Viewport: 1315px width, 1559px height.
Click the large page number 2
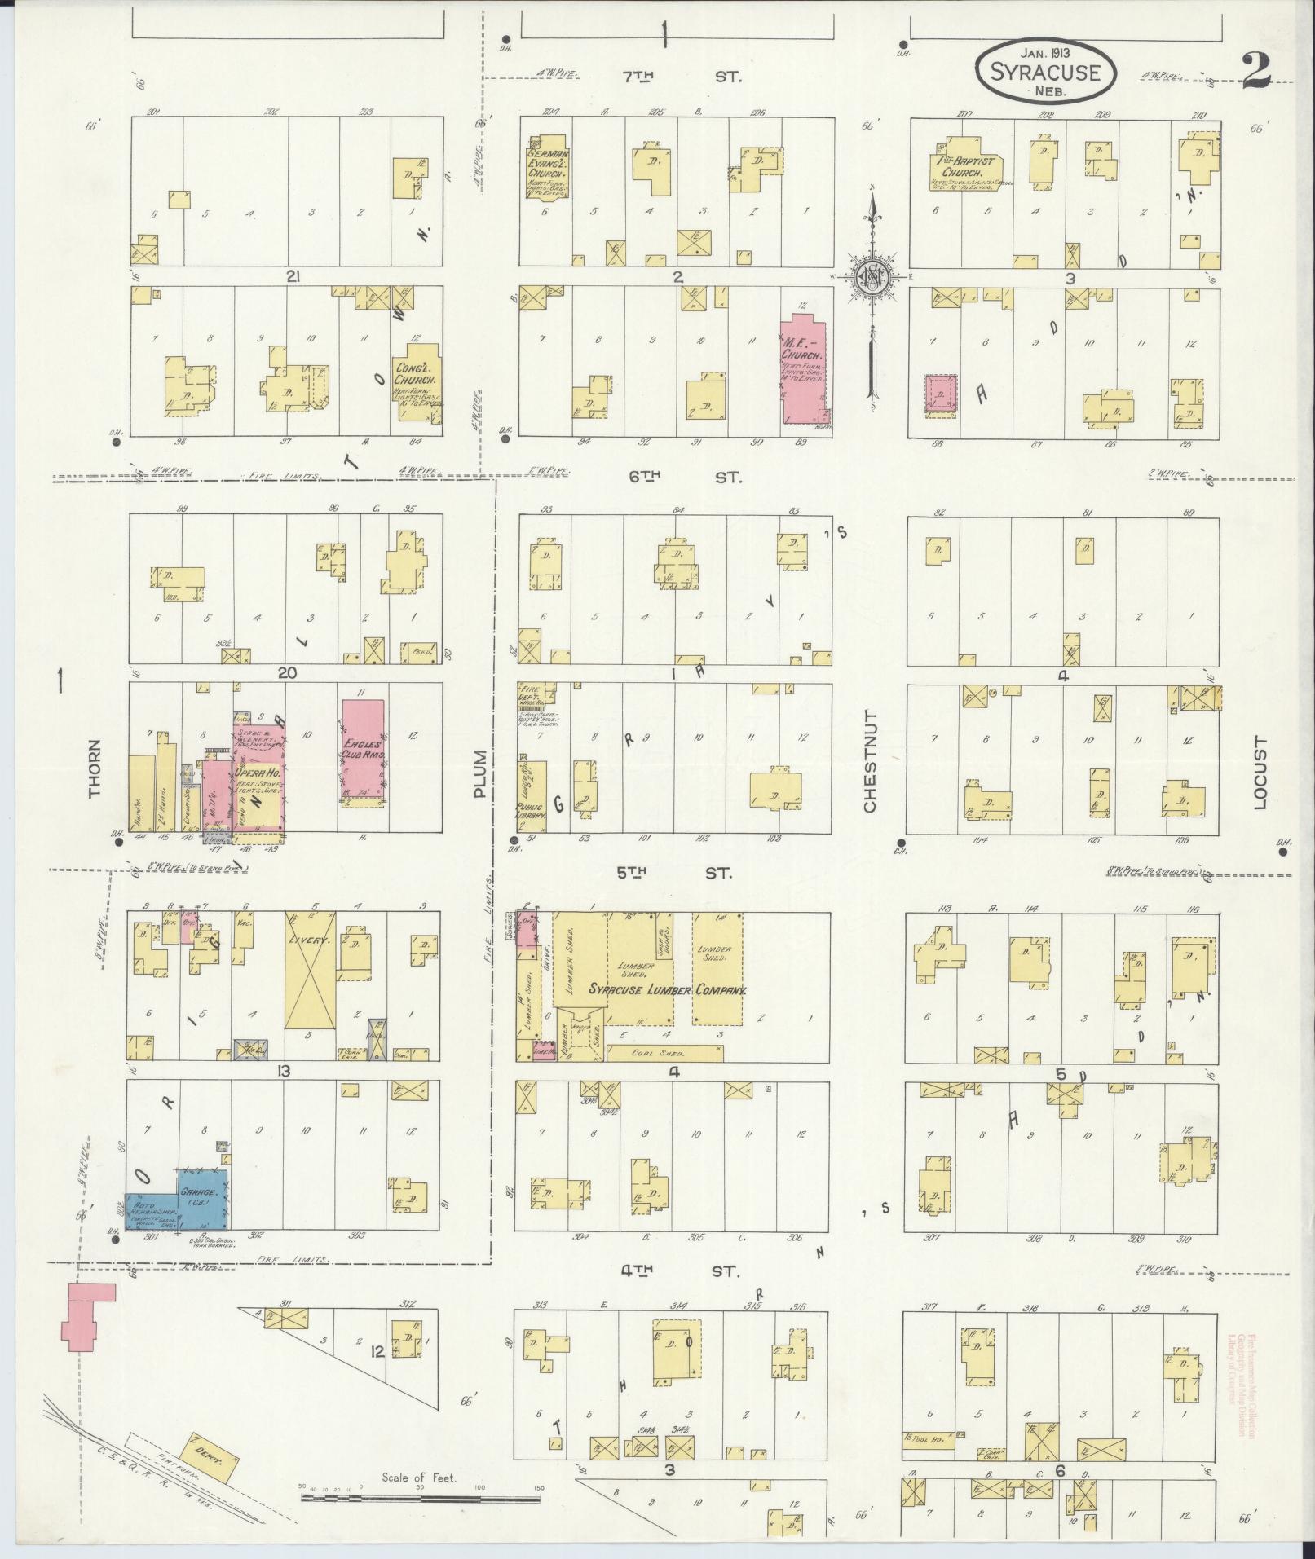(x=1258, y=71)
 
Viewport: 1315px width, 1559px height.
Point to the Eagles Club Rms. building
(x=363, y=751)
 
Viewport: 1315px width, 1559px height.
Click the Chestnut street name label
(x=869, y=762)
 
